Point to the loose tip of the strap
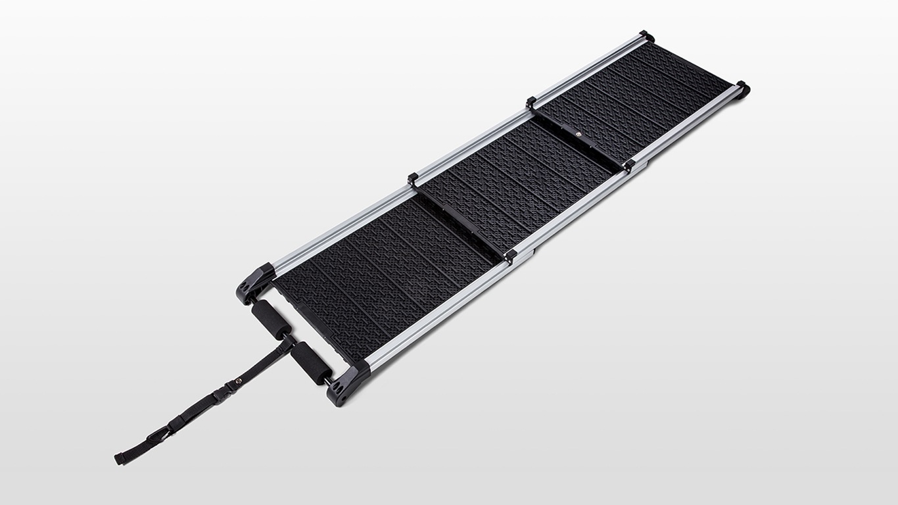[x=119, y=458]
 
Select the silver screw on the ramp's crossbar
[x=578, y=133]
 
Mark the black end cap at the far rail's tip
[x=646, y=36]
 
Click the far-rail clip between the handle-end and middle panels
[x=414, y=178]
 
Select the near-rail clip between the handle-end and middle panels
[x=510, y=255]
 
